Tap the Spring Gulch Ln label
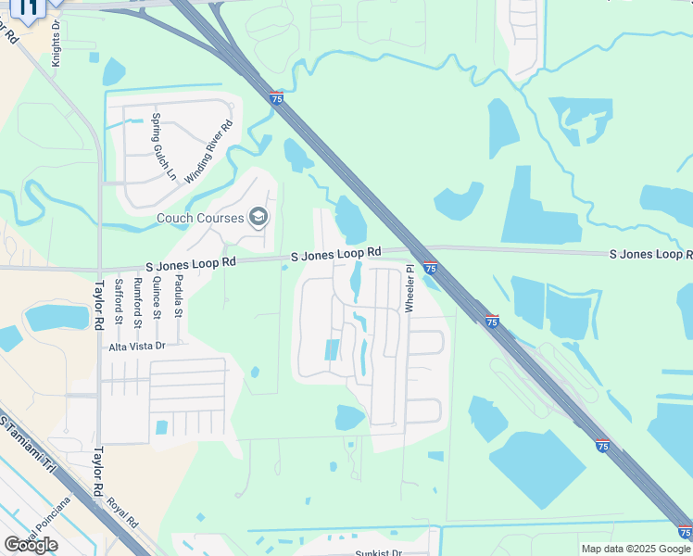click(163, 145)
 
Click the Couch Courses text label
click(200, 219)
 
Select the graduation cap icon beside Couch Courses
click(258, 218)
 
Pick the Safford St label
click(119, 302)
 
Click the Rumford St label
click(138, 302)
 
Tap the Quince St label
click(157, 299)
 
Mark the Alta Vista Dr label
click(136, 346)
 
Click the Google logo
click(31, 545)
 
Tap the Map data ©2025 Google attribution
click(635, 549)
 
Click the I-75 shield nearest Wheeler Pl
click(431, 269)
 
